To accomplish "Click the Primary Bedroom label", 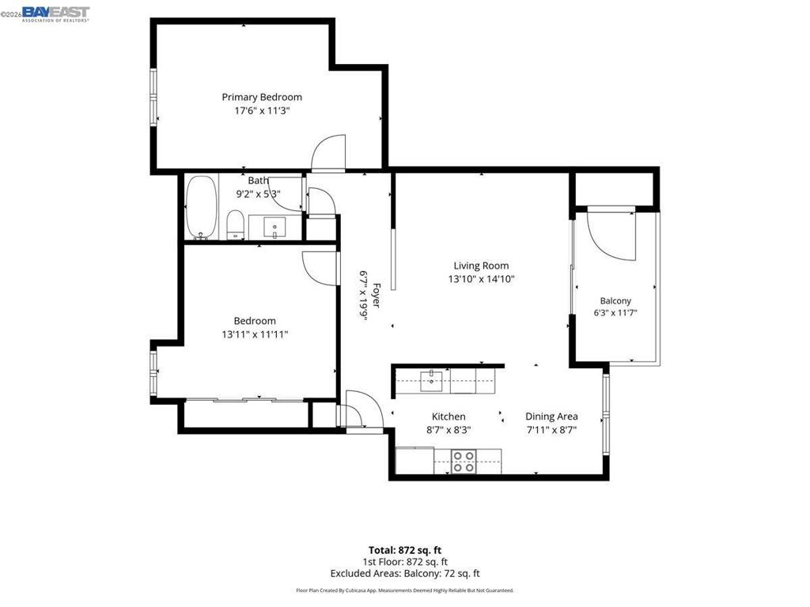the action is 262,97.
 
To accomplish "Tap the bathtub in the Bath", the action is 202,207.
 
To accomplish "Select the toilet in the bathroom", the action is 235,224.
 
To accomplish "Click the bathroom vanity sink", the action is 274,227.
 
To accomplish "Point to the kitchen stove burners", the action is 464,462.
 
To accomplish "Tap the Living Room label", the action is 481,266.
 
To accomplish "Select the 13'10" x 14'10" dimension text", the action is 481,279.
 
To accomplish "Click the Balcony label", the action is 615,300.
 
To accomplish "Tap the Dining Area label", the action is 551,417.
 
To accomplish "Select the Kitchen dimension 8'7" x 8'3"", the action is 449,430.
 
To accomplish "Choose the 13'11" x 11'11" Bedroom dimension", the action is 255,334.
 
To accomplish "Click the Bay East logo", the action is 55,14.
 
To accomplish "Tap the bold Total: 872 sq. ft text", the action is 405,550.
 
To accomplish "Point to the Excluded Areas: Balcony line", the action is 405,574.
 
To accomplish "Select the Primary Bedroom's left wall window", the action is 153,97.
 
